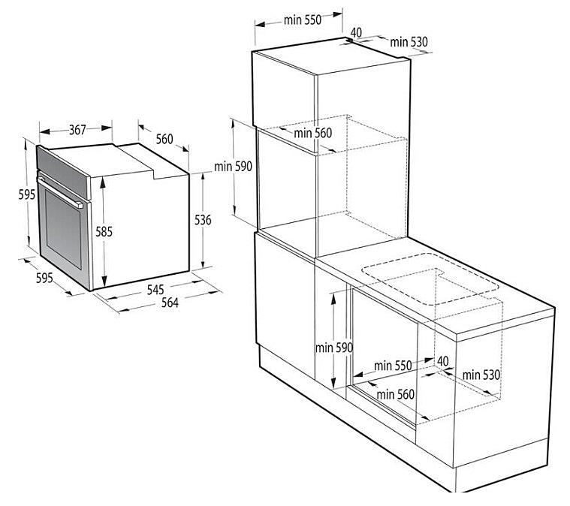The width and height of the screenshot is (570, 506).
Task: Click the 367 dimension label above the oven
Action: coord(77,129)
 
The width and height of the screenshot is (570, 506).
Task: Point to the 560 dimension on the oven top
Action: coord(164,139)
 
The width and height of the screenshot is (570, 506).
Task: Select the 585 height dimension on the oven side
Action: coord(104,231)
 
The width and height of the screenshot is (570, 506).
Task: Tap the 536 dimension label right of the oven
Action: coord(203,220)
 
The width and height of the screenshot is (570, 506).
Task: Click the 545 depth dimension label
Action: coord(155,289)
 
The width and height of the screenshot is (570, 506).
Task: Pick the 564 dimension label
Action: coord(170,303)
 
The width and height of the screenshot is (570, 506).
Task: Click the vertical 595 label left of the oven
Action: coord(27,194)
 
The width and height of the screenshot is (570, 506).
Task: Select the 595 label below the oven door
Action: coord(44,278)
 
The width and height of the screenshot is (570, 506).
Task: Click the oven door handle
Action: coord(60,193)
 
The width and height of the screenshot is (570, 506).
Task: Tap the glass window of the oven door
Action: coord(64,230)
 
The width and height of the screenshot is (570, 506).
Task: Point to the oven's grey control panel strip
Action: coord(63,173)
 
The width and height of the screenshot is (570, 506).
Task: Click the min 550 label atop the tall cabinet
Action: coord(303,20)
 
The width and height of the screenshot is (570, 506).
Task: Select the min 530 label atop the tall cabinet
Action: coord(409,42)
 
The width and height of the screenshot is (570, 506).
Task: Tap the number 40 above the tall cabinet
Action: coord(356,32)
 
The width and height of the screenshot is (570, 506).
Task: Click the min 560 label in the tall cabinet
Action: coord(312,133)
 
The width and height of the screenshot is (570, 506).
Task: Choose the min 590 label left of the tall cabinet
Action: coord(233,167)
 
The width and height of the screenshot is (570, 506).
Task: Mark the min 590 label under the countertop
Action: coord(334,348)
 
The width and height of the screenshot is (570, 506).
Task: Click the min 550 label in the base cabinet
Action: coord(393,366)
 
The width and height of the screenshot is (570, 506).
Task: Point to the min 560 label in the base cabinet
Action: coord(396,394)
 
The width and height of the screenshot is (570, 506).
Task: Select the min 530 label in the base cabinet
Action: coord(481,375)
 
